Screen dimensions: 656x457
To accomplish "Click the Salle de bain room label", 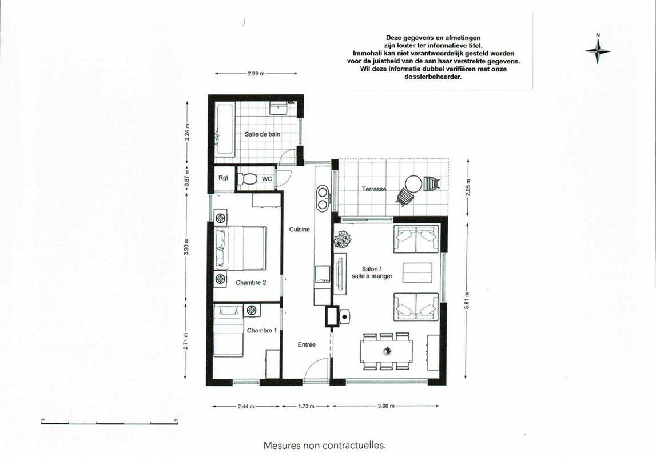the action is coord(263,134).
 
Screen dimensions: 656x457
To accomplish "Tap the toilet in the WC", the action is coord(247,179).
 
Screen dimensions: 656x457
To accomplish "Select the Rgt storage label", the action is coord(224,178).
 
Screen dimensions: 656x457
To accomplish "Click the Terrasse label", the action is coord(374,189).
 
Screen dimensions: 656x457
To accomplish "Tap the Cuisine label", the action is coord(300,229).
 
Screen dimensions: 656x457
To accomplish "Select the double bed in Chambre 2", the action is coord(241,248).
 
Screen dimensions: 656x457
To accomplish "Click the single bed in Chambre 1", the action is coord(228,331).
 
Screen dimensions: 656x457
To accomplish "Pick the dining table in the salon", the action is coord(387,351).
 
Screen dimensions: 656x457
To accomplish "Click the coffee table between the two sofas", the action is coord(418,272).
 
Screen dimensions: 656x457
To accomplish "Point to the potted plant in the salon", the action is coord(343,239).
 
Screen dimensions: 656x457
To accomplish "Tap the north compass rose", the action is coord(598,51).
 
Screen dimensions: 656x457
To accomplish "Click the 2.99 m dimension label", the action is coord(256,74).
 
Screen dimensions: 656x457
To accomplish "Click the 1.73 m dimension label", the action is coord(306,406).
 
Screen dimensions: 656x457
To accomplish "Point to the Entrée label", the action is coord(307,344).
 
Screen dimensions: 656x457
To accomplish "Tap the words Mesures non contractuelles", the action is coord(325,446).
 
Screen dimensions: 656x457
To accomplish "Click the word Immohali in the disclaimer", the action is coord(367,53).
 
